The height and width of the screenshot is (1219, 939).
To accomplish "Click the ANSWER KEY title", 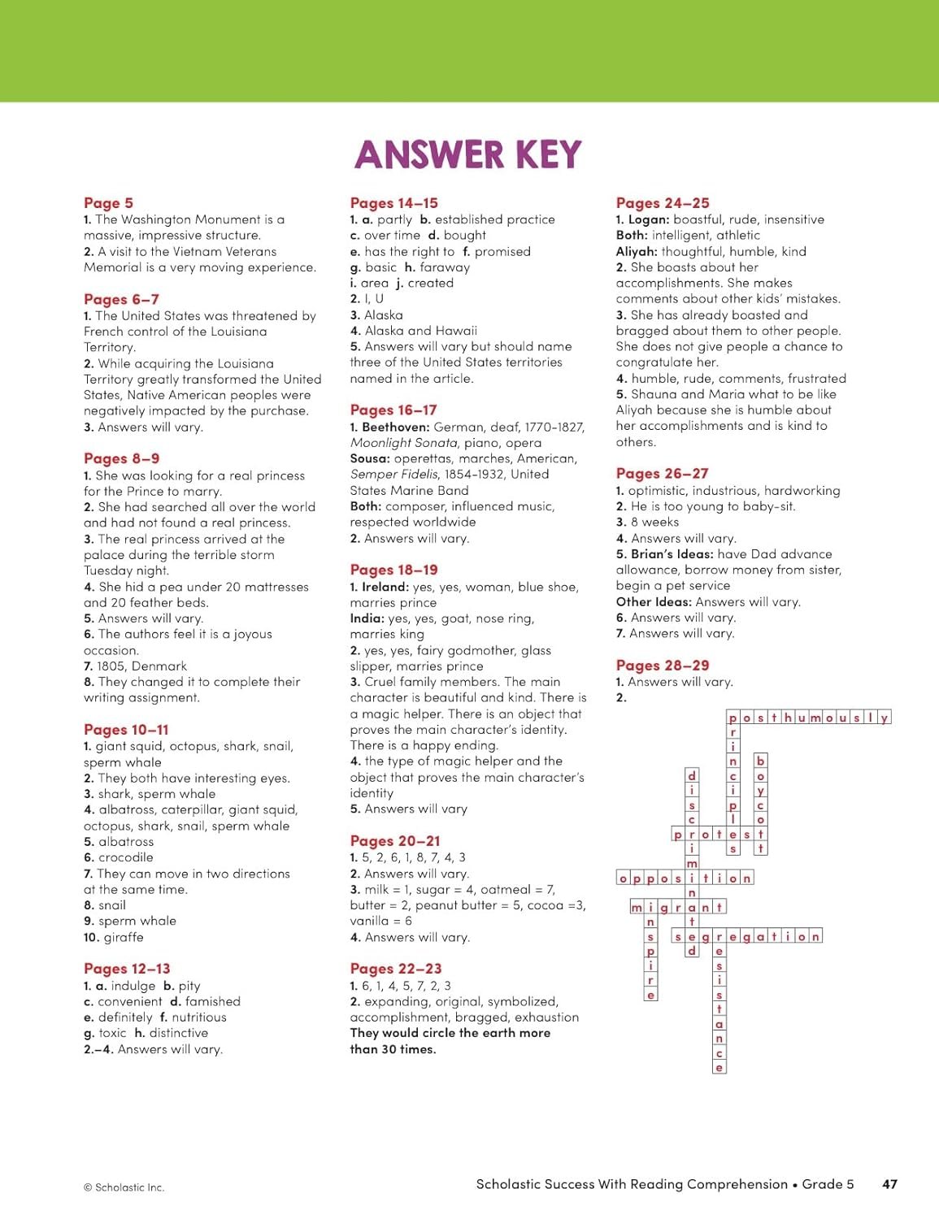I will [468, 154].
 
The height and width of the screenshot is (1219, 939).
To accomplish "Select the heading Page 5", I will [108, 203].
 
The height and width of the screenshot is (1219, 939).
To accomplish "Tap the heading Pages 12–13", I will [127, 969].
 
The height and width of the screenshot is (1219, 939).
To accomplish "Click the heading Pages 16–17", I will [393, 410].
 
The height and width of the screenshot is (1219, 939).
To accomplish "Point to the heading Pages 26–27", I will [662, 474].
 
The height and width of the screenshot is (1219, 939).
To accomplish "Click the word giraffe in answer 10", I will [124, 937].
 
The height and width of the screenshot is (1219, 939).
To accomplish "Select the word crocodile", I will [125, 857].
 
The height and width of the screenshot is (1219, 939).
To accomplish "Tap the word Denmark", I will [159, 666].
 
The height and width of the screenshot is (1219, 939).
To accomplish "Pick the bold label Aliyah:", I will [637, 252].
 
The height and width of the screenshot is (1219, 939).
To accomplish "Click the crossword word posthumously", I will [809, 718].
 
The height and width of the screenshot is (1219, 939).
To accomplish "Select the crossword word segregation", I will [747, 937].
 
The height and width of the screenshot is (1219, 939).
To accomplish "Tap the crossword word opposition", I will [685, 878].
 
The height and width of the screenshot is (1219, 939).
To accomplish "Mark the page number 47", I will [889, 1184].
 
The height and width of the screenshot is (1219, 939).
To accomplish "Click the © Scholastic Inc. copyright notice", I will [124, 1187].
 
